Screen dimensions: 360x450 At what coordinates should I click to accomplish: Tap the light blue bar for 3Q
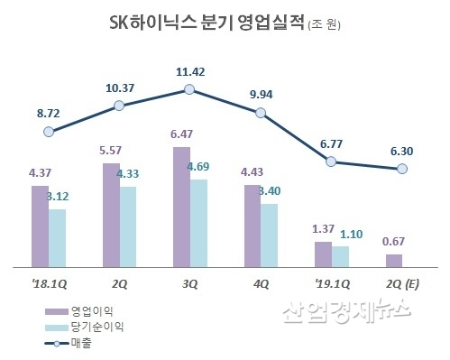[x=199, y=223]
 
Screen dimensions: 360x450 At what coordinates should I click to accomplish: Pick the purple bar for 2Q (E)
[x=393, y=261]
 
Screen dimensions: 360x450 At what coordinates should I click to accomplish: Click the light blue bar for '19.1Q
[x=340, y=256]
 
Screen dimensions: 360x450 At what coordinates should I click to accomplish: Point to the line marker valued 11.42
[x=189, y=88]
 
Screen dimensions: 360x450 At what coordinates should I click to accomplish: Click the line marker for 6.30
[x=402, y=169]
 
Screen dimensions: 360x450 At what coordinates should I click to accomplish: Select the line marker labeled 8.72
[x=50, y=132]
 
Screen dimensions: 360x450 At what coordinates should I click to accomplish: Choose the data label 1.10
[x=350, y=233]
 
